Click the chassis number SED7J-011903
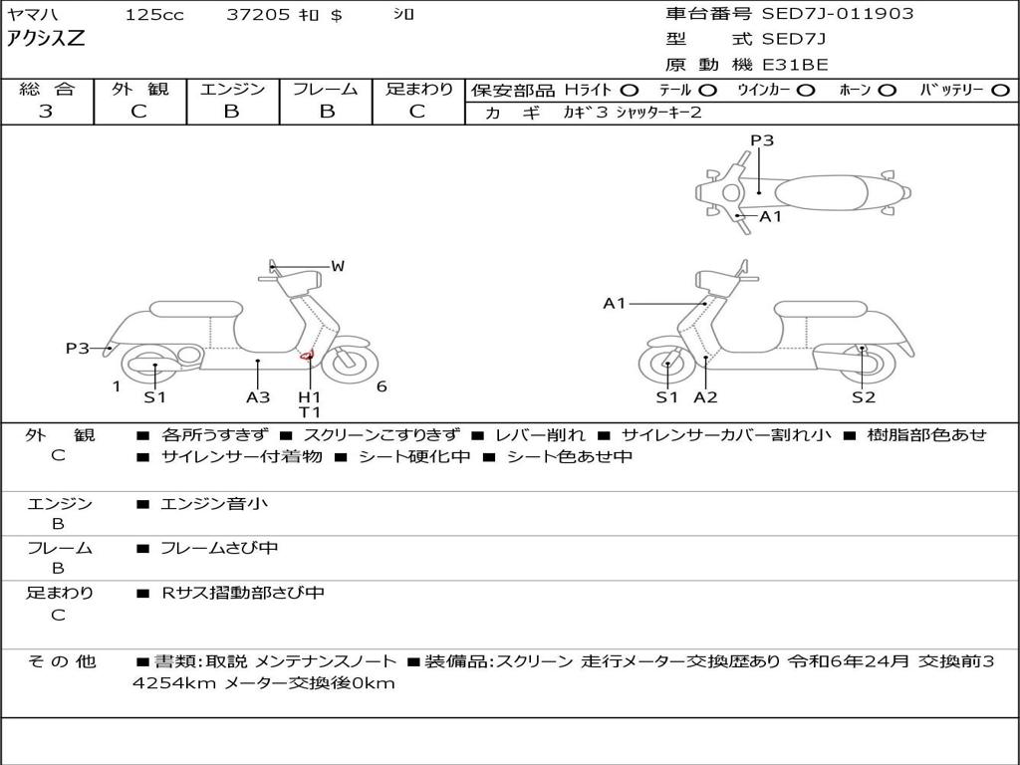click(x=837, y=14)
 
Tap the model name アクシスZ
click(x=46, y=39)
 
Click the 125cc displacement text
click(x=154, y=14)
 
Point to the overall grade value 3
click(x=46, y=111)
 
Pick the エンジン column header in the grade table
click(x=232, y=89)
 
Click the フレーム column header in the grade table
click(x=326, y=89)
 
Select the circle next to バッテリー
click(x=1001, y=91)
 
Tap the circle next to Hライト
click(x=630, y=91)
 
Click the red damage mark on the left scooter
click(x=307, y=356)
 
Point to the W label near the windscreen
click(x=338, y=266)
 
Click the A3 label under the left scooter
click(x=258, y=396)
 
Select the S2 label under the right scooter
click(x=864, y=396)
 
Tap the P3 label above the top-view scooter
click(x=762, y=140)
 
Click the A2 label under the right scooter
click(x=705, y=396)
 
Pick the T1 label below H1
click(x=310, y=412)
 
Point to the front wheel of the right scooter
click(x=667, y=366)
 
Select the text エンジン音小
click(x=214, y=503)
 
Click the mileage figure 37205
click(x=258, y=14)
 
